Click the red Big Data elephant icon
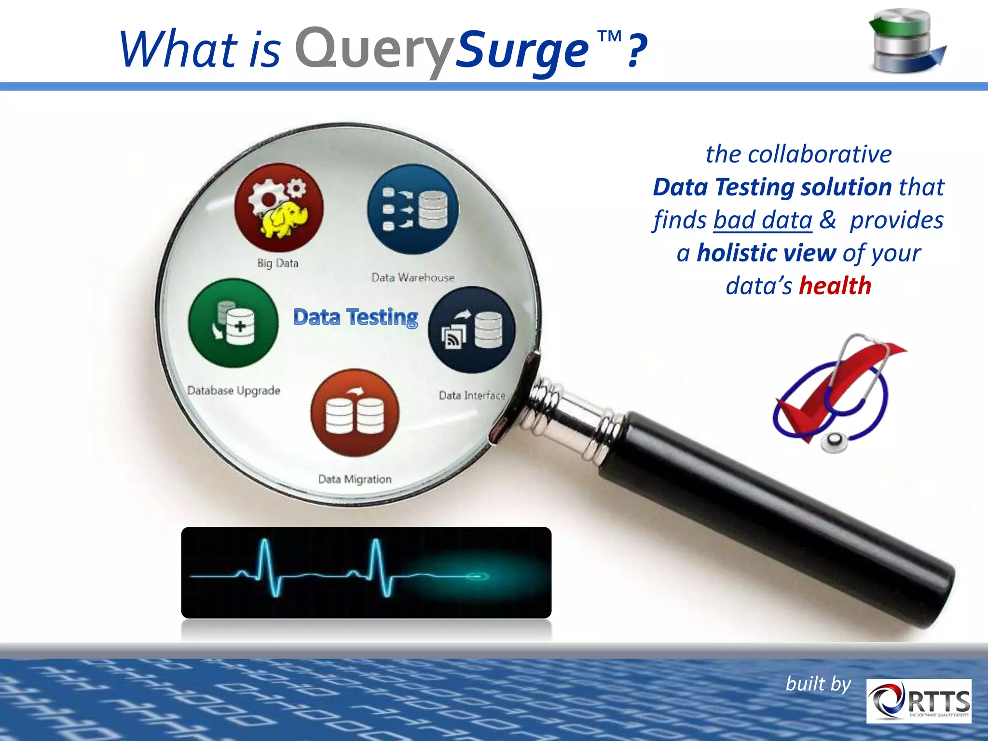pos(279,207)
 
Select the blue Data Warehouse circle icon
pos(413,209)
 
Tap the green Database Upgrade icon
pos(233,323)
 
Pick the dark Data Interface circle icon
pos(472,329)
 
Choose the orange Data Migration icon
pos(355,413)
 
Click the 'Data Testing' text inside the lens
pos(356,317)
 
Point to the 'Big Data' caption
pos(278,263)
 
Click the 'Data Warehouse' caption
pos(413,277)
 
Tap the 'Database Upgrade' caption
pos(233,390)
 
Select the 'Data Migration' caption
pos(355,479)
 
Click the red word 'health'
pos(835,286)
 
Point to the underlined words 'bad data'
pos(763,220)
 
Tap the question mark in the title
pos(637,50)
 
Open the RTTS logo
pos(919,701)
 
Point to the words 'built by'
pos(818,684)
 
